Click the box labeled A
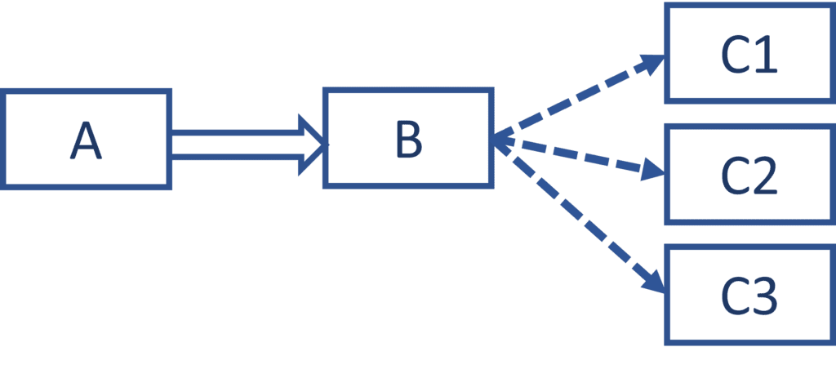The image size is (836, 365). (86, 139)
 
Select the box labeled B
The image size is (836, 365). (408, 137)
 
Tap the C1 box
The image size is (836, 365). (749, 53)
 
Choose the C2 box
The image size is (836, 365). (749, 175)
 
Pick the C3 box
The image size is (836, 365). (749, 295)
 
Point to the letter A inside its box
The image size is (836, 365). (86, 140)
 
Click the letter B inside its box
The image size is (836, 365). (408, 139)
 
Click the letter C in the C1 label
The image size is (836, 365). (736, 56)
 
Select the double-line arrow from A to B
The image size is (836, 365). (237, 145)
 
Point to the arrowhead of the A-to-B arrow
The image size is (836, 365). (313, 145)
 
